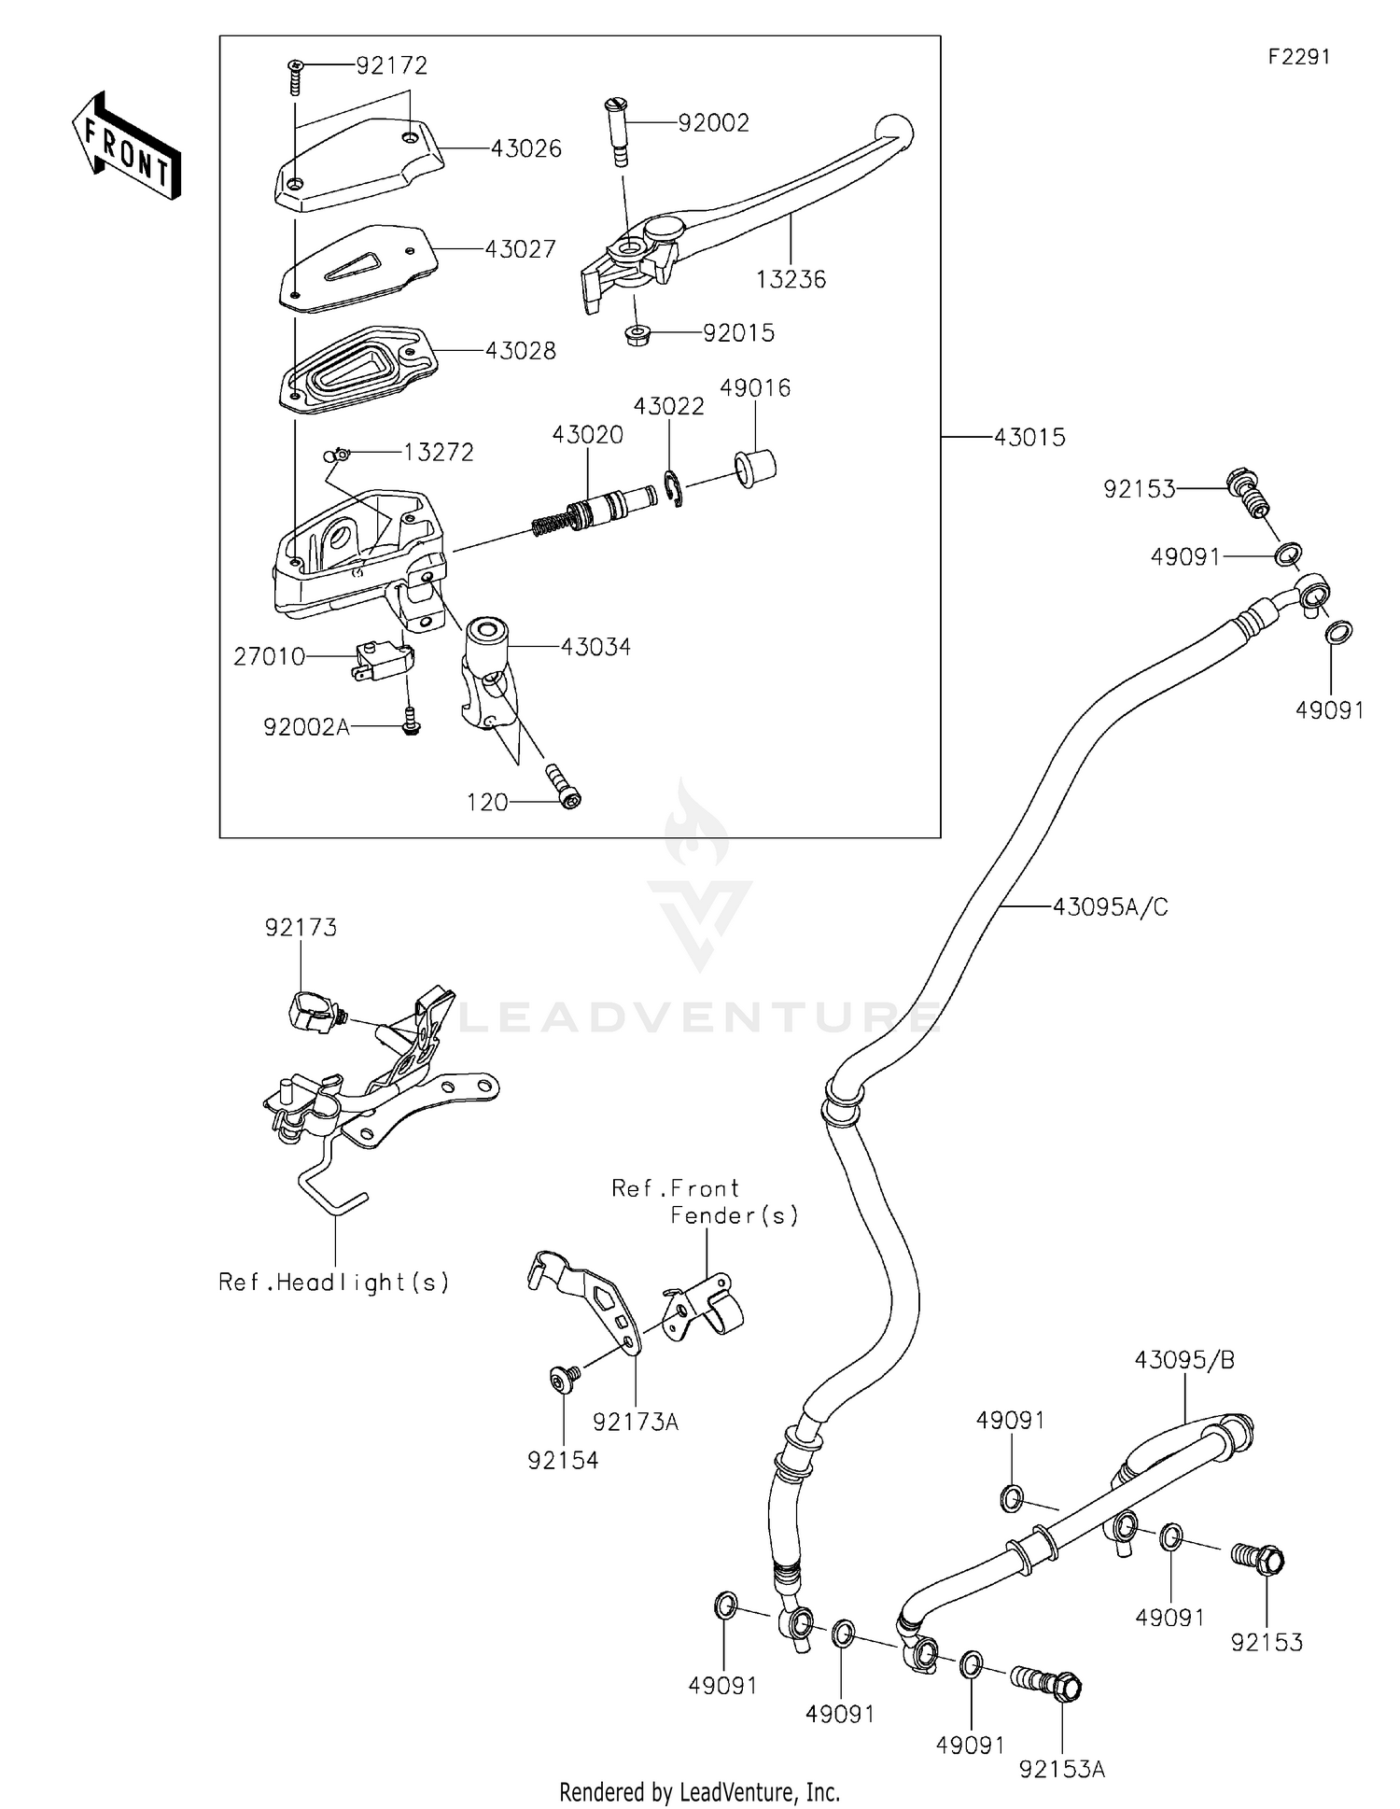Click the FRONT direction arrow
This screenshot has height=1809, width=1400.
126,147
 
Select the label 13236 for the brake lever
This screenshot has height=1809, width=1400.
791,279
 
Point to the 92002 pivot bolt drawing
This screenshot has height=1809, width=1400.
619,132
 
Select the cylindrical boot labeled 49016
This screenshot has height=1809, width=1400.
756,467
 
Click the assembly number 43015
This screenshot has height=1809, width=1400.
1029,437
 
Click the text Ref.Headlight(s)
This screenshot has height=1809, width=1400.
334,1283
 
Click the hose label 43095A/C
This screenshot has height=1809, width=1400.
1110,906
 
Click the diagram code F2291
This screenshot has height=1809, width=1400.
1298,57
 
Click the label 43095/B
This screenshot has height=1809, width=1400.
1184,1360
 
